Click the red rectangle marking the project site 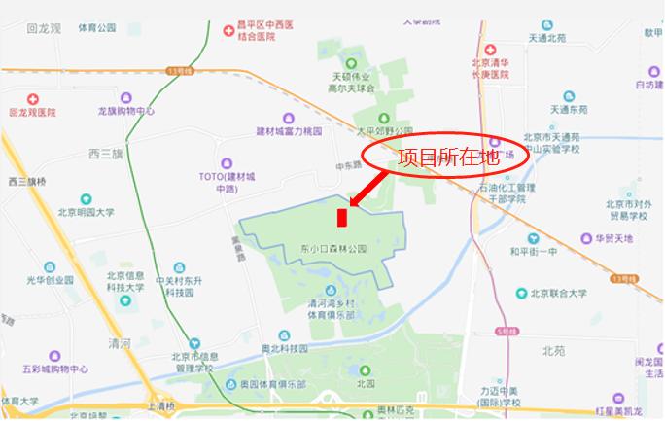[341, 216]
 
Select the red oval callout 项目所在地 [445, 156]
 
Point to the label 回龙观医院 [33, 112]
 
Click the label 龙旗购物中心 [126, 111]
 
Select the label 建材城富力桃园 [288, 131]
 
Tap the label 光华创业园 [50, 279]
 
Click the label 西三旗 [105, 154]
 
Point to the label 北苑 [553, 350]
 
